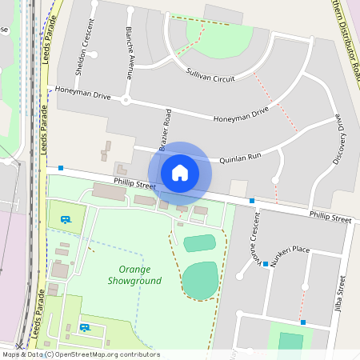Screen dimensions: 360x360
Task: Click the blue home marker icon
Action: pyautogui.click(x=180, y=172)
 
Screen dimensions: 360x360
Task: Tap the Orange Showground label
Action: pyautogui.click(x=135, y=275)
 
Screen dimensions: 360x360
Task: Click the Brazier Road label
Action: pyautogui.click(x=165, y=130)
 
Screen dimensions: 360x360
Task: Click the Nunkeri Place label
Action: pyautogui.click(x=290, y=250)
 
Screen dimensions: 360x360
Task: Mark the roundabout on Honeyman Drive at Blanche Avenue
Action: pyautogui.click(x=126, y=100)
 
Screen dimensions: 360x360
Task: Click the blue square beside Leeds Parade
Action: pyautogui.click(x=61, y=168)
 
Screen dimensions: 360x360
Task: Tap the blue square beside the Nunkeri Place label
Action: pyautogui.click(x=266, y=263)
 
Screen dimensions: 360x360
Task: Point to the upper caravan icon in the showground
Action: pyautogui.click(x=66, y=218)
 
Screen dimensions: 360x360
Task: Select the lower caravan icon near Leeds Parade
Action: pyautogui.click(x=84, y=326)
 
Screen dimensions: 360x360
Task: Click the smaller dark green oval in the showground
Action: pyautogui.click(x=199, y=242)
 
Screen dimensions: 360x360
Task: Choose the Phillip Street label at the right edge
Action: pyautogui.click(x=330, y=218)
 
